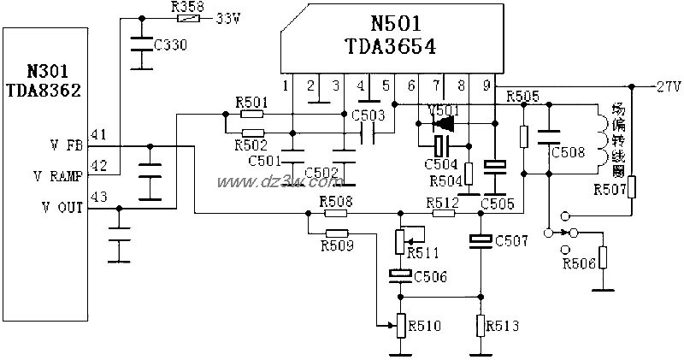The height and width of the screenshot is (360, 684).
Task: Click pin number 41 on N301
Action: click(x=99, y=134)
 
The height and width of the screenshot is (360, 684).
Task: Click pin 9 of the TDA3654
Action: click(x=487, y=86)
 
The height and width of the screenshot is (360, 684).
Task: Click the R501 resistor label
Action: click(x=251, y=103)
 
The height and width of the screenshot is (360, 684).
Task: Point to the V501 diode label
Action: click(x=443, y=109)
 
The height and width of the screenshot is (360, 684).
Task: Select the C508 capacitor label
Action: click(x=568, y=153)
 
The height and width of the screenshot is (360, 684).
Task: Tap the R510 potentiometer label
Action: click(x=426, y=326)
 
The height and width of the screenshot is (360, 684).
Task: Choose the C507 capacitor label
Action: click(x=511, y=242)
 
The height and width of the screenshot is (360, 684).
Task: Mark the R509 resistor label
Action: click(x=337, y=246)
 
